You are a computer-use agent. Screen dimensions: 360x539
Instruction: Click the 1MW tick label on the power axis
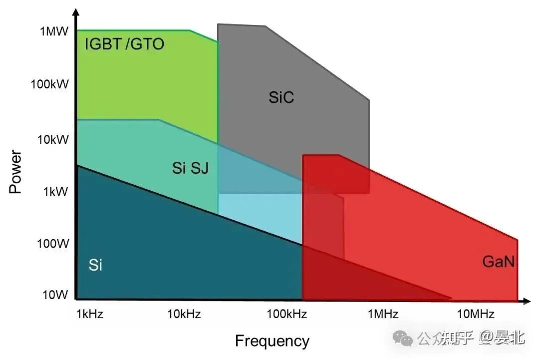click(53, 31)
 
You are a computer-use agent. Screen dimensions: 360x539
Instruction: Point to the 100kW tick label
click(49, 83)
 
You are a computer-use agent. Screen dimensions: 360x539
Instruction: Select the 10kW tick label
click(52, 139)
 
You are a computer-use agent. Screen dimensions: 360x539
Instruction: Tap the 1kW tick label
click(55, 191)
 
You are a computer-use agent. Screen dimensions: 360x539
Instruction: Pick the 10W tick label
click(55, 295)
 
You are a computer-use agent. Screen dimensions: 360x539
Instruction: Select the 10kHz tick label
click(184, 314)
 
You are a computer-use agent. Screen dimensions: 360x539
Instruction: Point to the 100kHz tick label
click(286, 314)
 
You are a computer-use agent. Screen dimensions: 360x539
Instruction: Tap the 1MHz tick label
click(383, 314)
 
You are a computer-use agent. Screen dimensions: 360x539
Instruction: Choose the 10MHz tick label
click(476, 314)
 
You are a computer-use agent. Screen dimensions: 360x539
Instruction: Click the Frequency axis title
click(272, 341)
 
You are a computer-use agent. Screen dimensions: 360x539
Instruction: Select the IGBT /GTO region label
click(124, 44)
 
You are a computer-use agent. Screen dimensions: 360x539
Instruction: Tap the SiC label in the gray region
click(281, 97)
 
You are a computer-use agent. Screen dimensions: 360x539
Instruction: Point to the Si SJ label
click(190, 168)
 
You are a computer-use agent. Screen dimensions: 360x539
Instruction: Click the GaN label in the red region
click(498, 261)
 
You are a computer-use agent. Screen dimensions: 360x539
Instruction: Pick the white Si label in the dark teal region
click(95, 265)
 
